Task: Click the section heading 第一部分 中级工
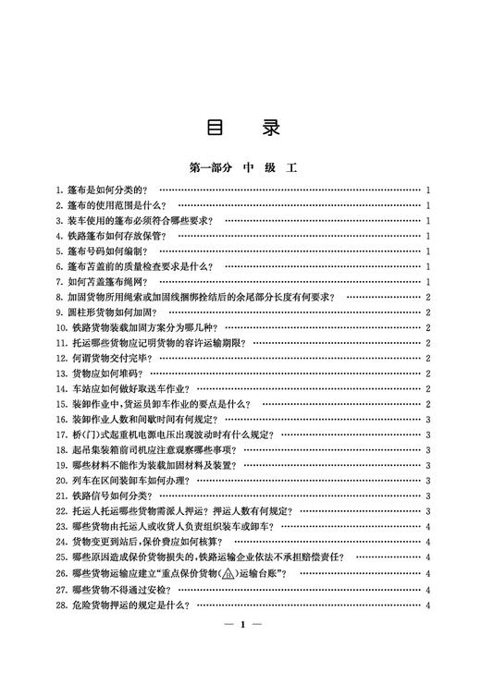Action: coord(240,167)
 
